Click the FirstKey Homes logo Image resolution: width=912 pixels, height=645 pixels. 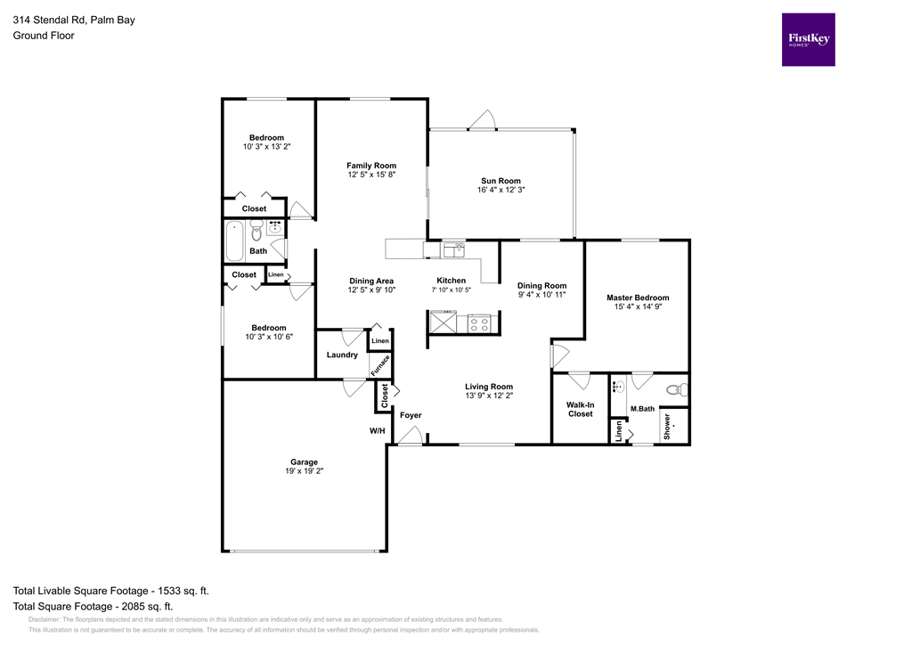click(808, 39)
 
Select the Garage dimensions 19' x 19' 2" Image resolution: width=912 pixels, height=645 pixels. click(304, 471)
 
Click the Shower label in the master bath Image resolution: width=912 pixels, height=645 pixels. click(666, 427)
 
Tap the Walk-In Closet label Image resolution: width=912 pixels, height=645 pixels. click(580, 409)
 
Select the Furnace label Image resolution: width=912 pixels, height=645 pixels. click(380, 365)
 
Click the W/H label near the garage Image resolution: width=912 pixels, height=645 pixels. click(377, 431)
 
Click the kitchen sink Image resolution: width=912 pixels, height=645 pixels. click(453, 249)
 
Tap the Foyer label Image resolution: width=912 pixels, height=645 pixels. click(410, 415)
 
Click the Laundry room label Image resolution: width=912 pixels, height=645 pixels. click(342, 355)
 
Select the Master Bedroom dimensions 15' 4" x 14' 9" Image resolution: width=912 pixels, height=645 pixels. click(637, 306)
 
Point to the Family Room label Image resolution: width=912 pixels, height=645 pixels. click(371, 166)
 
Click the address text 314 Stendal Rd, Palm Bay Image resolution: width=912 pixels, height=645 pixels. click(74, 19)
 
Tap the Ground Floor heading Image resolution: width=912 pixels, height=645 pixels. click(44, 36)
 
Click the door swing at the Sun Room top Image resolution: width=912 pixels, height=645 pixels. click(484, 119)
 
